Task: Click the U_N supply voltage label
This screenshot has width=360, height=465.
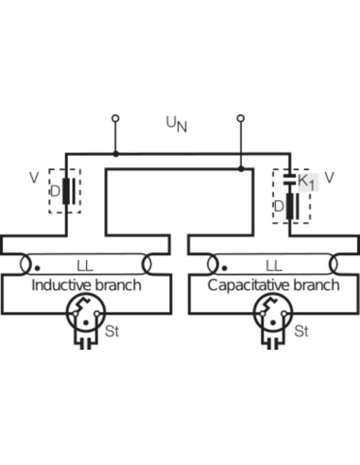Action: [177, 125]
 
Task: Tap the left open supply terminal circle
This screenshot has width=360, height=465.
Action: [115, 118]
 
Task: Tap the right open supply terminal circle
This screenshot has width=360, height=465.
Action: [241, 118]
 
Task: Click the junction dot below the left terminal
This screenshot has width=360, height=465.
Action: [116, 154]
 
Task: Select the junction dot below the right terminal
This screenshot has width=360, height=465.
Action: [241, 169]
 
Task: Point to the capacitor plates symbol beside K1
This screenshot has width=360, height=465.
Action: [289, 180]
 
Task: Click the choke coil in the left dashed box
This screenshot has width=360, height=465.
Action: [65, 191]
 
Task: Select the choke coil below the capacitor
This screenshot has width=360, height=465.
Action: [290, 206]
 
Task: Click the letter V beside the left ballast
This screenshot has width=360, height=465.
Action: [34, 178]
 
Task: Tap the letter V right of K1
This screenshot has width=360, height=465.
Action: [329, 179]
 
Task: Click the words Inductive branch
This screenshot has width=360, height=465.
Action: [86, 285]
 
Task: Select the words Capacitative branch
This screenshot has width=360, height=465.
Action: [273, 285]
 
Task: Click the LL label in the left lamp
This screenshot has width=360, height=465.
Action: [85, 267]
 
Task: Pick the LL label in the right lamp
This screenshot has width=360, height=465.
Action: [274, 267]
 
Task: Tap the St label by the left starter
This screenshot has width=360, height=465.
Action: [111, 332]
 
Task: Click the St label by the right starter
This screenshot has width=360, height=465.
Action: [301, 332]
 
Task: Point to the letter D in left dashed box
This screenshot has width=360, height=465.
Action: [55, 191]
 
